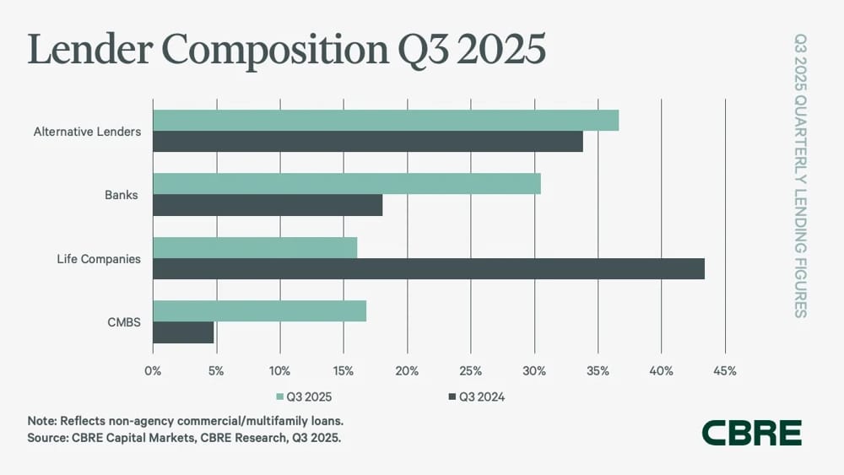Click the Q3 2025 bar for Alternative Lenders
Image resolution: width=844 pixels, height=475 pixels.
coord(386,121)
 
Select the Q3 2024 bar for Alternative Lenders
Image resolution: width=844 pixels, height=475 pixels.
coord(368,142)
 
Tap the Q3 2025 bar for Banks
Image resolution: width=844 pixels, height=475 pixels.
coord(347,184)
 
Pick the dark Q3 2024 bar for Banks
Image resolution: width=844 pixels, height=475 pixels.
coord(268,205)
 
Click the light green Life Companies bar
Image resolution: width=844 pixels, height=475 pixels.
coord(255,247)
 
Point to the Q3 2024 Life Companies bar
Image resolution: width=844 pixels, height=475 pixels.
coord(429,268)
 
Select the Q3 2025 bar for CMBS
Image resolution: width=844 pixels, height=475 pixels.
coord(260,311)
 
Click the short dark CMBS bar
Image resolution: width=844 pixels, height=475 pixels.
coord(183,332)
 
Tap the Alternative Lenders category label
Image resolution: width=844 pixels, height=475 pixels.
coord(87,132)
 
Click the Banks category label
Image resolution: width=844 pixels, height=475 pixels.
coord(121,195)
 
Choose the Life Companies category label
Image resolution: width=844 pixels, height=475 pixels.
coord(99,259)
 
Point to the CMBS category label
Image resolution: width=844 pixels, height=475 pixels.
coord(124,322)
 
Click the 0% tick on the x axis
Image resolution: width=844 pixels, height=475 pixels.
coord(153,371)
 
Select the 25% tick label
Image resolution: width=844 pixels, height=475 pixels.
coord(470,371)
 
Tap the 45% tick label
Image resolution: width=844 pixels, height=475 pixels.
coord(724,371)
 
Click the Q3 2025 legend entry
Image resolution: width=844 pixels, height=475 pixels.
coord(304,397)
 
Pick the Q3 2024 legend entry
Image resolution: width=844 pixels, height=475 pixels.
coord(476,397)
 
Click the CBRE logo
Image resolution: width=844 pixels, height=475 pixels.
coord(752,433)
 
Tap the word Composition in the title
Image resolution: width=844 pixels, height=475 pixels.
coord(274,50)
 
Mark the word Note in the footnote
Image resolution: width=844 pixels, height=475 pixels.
coord(41,421)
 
